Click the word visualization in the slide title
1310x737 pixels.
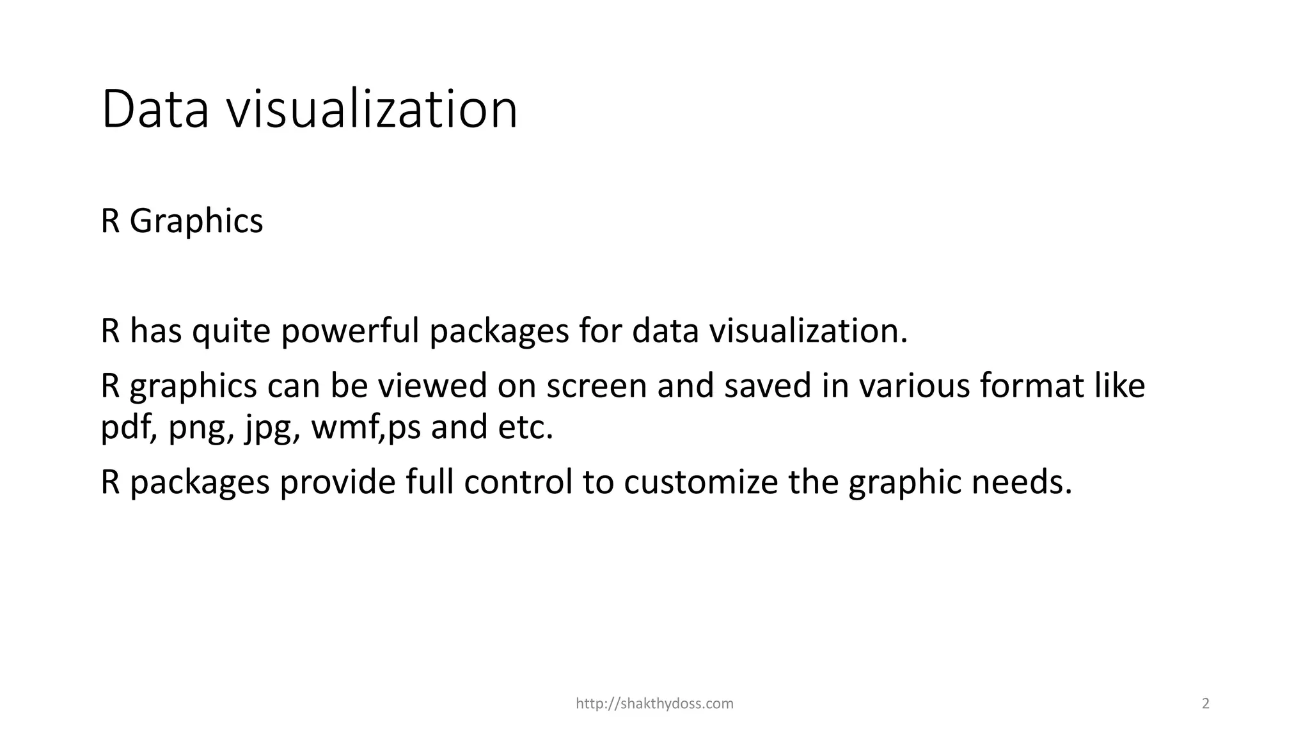coord(372,110)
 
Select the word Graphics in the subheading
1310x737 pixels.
coord(196,222)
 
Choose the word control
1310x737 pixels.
coord(518,482)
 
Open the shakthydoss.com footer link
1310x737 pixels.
coord(654,704)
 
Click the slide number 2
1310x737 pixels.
coord(1206,704)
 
